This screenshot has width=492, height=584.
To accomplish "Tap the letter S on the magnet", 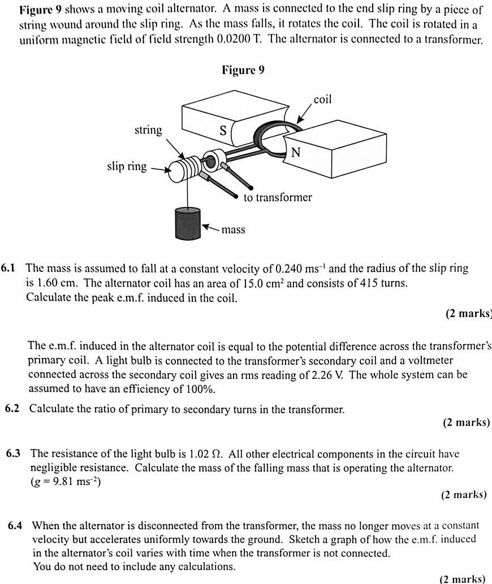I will [223, 131].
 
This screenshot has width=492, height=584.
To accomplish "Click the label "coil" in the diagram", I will [322, 100].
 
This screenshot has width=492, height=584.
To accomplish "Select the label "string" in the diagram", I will [148, 130].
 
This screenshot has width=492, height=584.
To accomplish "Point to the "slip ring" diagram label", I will [127, 166].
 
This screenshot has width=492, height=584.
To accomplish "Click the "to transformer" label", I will [278, 197].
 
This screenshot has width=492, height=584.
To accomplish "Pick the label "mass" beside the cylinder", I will [233, 230].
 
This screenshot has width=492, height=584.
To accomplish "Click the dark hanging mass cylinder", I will [188, 224].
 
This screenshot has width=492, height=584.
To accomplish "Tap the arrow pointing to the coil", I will [303, 116].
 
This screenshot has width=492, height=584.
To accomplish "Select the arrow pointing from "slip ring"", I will [159, 168].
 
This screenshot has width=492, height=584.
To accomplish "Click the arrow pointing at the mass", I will [210, 228].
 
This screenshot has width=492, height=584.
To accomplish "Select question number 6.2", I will [13, 409].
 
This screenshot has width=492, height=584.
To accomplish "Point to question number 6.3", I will [14, 453].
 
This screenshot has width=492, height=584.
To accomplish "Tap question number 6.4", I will [15, 525].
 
